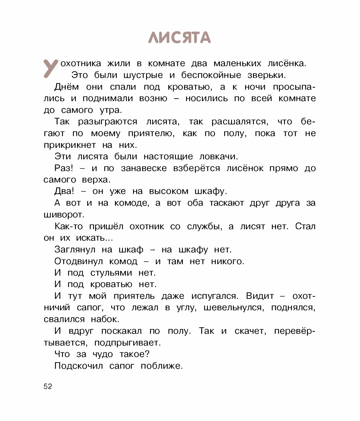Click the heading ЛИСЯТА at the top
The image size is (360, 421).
click(180, 38)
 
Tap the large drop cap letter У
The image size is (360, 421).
click(51, 68)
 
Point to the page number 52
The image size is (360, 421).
click(48, 387)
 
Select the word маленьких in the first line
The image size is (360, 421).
click(237, 64)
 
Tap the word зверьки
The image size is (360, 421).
click(266, 75)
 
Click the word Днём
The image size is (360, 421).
click(67, 87)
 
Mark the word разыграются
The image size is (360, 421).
click(108, 122)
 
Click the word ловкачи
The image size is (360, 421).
click(218, 157)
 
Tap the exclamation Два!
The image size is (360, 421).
click(64, 191)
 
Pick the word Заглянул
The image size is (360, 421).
click(75, 250)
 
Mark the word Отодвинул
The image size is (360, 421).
click(79, 261)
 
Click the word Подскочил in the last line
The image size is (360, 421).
click(79, 366)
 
